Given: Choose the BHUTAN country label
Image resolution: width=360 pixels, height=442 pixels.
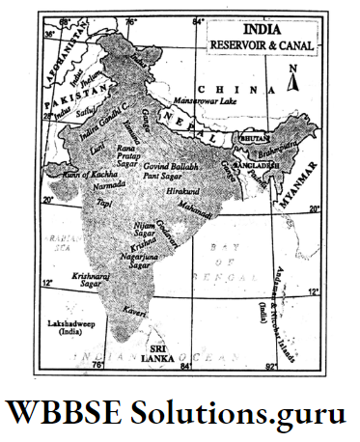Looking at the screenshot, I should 252,140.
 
